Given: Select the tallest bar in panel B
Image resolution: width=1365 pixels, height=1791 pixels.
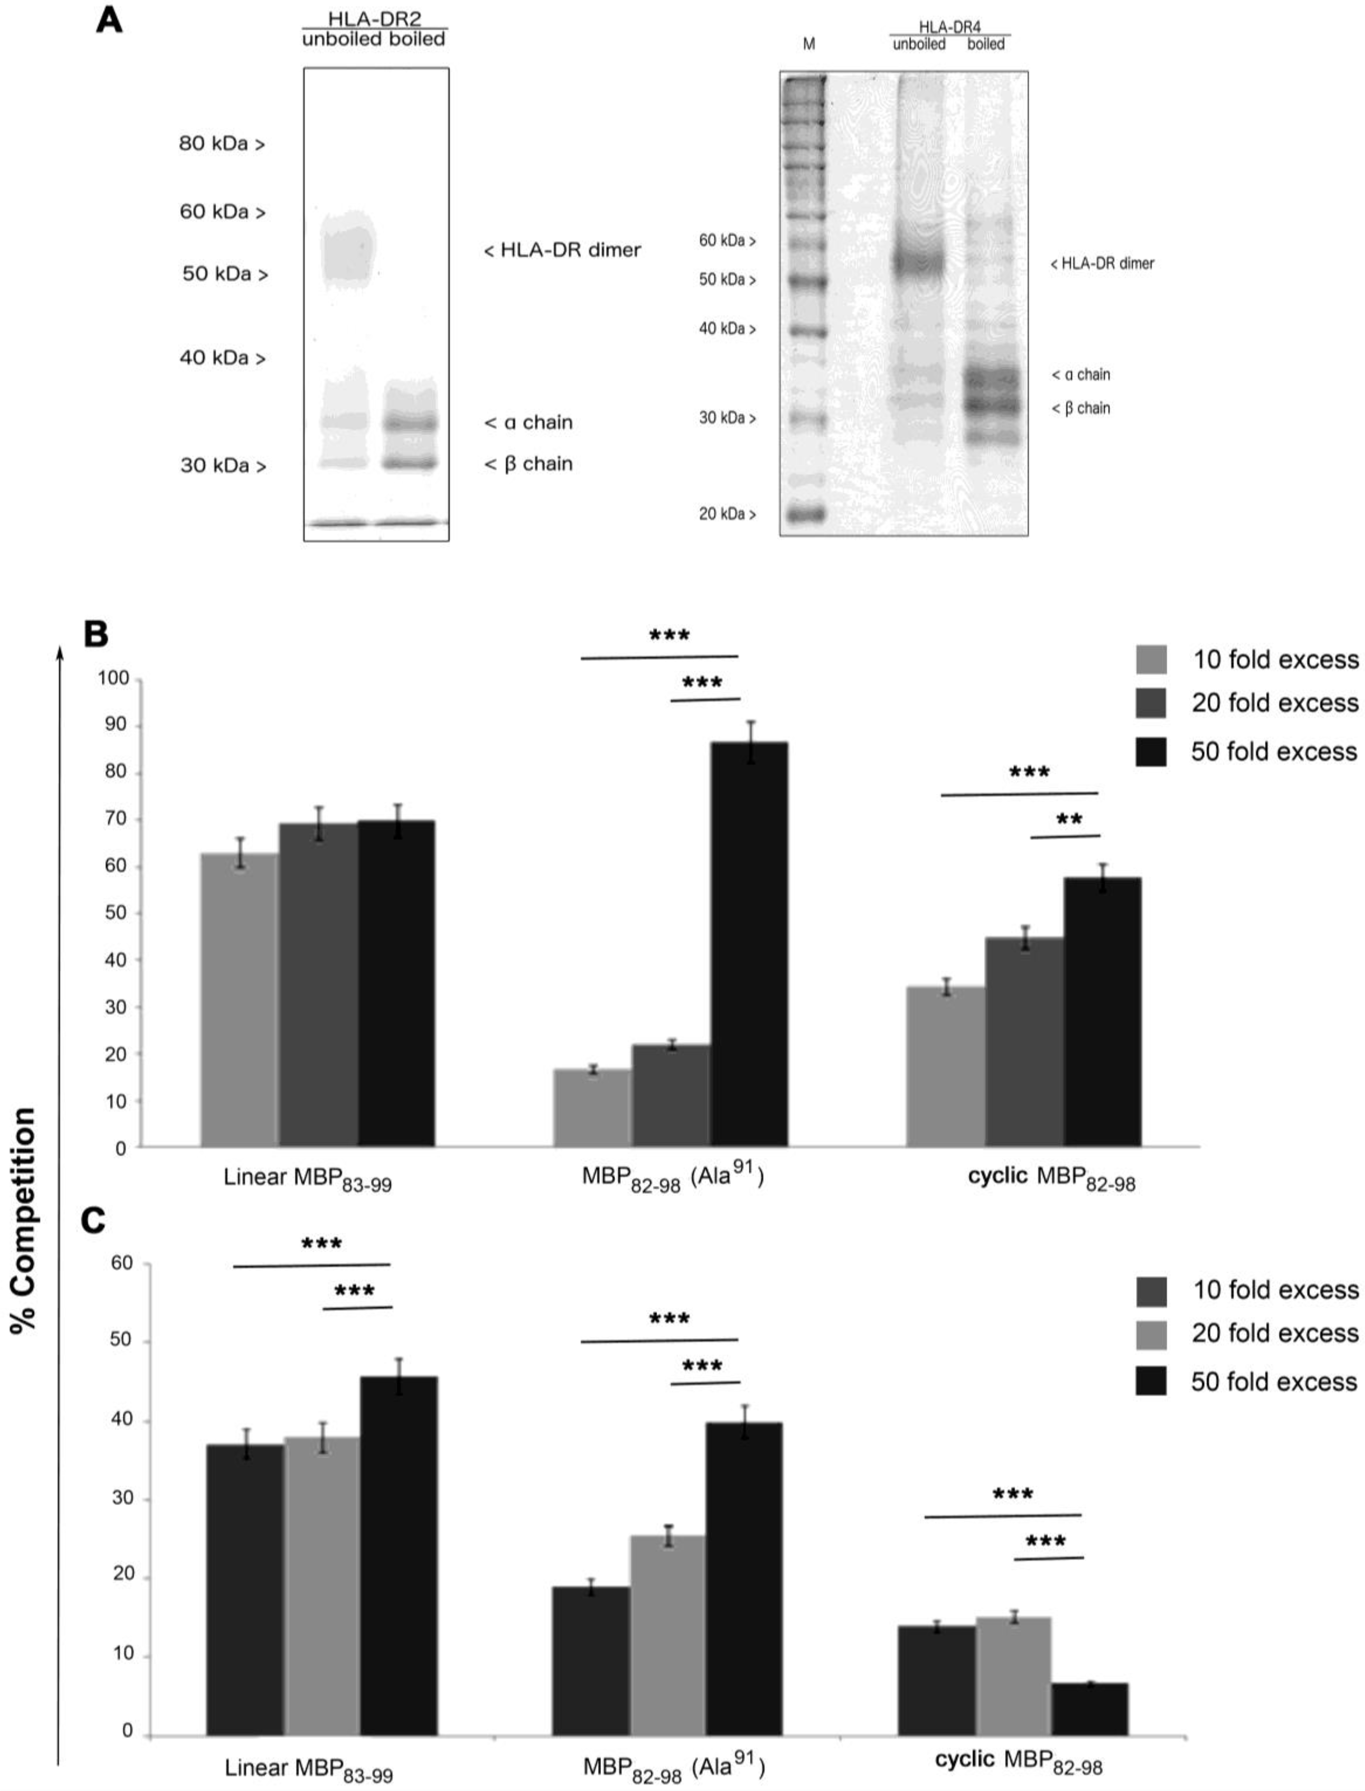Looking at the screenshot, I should point(748,944).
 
